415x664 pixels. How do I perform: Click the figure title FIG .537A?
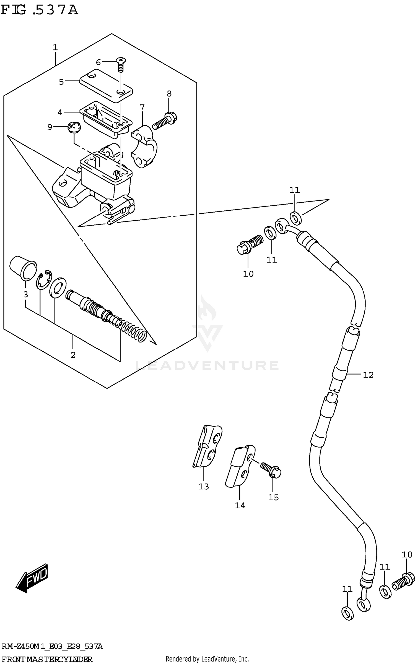tap(39, 10)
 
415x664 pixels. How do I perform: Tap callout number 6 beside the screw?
tap(98, 62)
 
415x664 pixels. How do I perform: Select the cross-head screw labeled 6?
tap(120, 64)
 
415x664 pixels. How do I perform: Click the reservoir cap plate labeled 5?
tap(106, 86)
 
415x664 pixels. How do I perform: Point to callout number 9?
tap(50, 127)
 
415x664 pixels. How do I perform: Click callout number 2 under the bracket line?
tap(73, 355)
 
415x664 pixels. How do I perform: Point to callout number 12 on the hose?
tap(368, 375)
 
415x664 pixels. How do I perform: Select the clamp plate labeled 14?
tap(240, 466)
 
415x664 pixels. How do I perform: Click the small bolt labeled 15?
tap(271, 470)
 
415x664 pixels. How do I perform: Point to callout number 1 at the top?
tap(55, 48)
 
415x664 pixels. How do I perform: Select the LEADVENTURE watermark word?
tap(207, 365)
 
